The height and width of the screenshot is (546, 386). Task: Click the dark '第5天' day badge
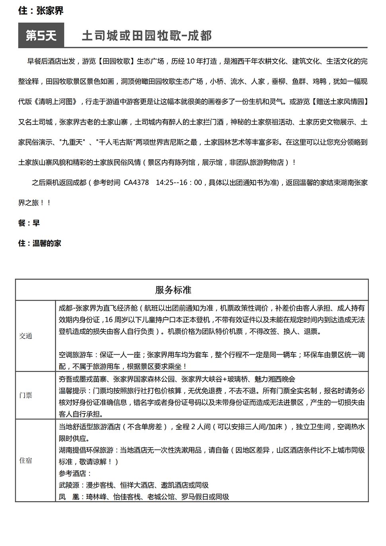tap(41, 35)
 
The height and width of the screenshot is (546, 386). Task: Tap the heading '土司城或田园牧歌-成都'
tap(146, 35)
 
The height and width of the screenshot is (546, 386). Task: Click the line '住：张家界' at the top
tap(41, 11)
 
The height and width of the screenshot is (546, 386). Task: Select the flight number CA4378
tap(136, 183)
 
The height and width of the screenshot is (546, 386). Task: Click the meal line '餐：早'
tap(29, 223)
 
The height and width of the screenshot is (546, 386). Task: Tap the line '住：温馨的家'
tap(39, 244)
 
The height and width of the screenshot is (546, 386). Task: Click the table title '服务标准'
tap(173, 290)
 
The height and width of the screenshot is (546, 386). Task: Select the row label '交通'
tap(25, 336)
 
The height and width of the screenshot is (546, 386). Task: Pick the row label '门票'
tap(25, 395)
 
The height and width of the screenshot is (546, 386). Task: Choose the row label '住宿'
tap(25, 460)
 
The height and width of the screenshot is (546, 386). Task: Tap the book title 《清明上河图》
tap(56, 102)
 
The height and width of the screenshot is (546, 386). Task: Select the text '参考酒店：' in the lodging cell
tap(75, 474)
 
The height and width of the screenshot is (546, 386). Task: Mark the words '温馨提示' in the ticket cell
tap(72, 391)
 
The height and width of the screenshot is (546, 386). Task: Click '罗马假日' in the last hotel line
tap(195, 497)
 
